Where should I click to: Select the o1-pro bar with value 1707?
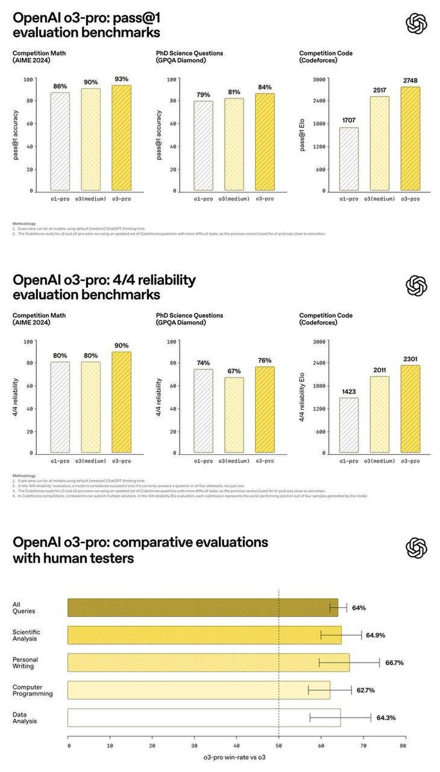point(349,158)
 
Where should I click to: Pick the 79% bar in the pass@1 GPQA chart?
point(203,145)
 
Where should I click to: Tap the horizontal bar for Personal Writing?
point(209,663)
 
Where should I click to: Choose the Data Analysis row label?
point(25,718)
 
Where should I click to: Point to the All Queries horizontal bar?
point(202,607)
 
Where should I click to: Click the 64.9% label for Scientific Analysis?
point(376,635)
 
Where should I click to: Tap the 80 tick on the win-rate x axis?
point(403,745)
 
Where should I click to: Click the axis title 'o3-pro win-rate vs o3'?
point(235,758)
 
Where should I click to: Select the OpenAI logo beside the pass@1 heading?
point(416,24)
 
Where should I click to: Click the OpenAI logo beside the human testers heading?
point(416,548)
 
